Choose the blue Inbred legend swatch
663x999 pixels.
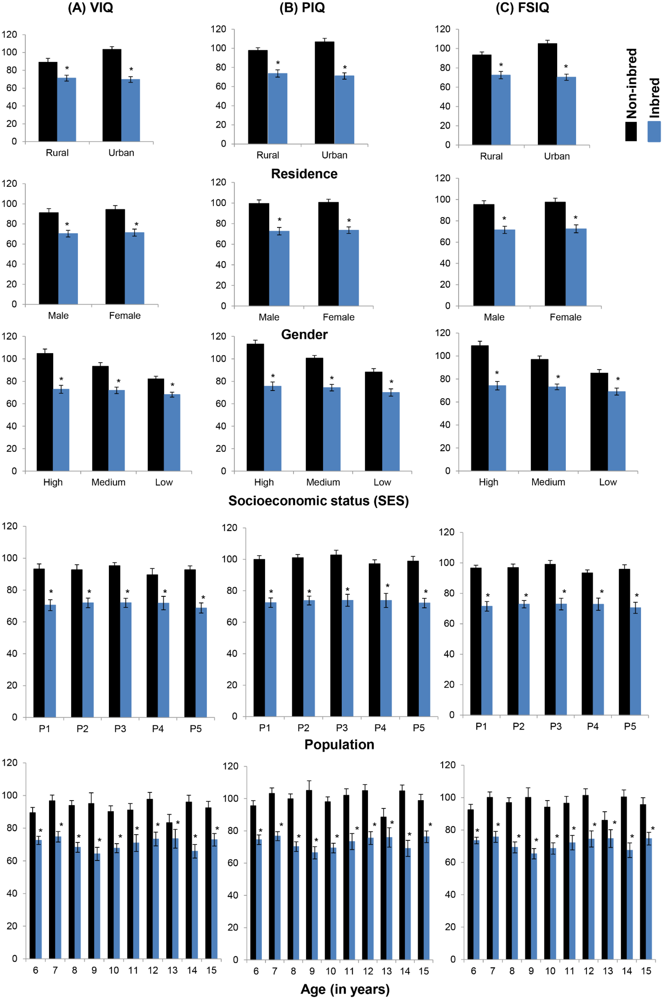point(654,131)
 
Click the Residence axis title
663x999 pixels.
point(304,174)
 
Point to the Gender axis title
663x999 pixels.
point(304,335)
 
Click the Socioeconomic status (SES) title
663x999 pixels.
point(318,501)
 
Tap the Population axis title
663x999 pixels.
point(339,744)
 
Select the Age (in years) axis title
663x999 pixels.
point(345,989)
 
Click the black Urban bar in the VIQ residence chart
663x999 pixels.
point(112,95)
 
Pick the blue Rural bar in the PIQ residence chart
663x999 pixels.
point(277,109)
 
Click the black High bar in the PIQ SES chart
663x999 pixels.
point(255,407)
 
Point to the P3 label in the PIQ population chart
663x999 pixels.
point(342,728)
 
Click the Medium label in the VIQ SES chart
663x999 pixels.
point(108,482)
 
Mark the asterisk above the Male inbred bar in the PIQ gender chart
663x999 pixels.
point(279,220)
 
